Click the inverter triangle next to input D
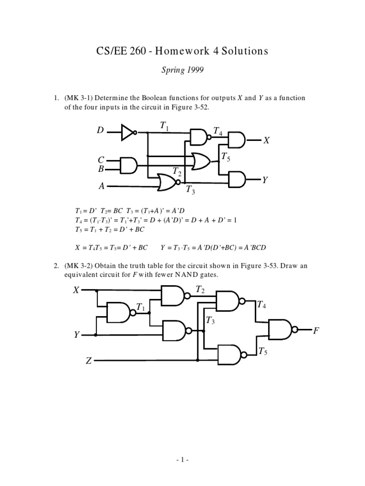tap(127, 132)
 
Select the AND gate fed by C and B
tap(129, 165)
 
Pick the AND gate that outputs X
tap(237, 140)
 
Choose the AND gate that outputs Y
tap(237, 179)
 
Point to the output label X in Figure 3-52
tap(266, 141)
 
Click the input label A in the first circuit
tap(101, 187)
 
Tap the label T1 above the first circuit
tap(164, 126)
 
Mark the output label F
tap(316, 330)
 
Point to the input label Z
tap(88, 361)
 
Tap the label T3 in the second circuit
tap(210, 322)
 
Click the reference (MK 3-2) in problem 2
tap(78, 266)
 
